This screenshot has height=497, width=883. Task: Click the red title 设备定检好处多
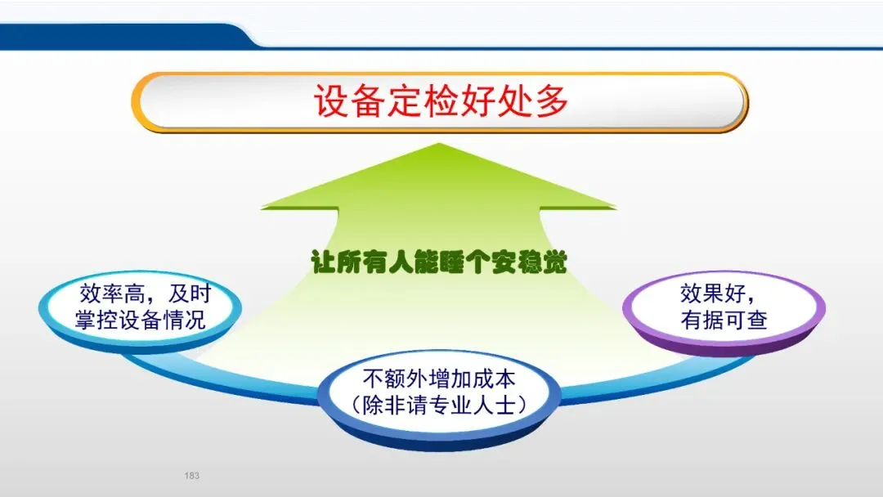pyautogui.click(x=441, y=101)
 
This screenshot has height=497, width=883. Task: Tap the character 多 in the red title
pyautogui.click(x=552, y=101)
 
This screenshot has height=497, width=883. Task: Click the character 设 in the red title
pyautogui.click(x=330, y=101)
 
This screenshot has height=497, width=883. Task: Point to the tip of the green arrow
pyautogui.click(x=439, y=144)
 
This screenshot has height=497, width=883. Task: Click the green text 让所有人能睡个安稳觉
pyautogui.click(x=439, y=262)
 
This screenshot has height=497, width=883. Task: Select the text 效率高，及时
pyautogui.click(x=145, y=293)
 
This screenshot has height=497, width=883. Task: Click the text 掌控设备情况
pyautogui.click(x=141, y=320)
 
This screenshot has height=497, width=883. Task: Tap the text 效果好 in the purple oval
pyautogui.click(x=713, y=293)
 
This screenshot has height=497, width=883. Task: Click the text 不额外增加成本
pyautogui.click(x=439, y=378)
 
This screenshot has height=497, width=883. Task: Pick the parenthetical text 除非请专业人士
pyautogui.click(x=439, y=405)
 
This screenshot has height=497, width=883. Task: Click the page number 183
pyautogui.click(x=191, y=476)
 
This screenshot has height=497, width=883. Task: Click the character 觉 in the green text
pyautogui.click(x=554, y=262)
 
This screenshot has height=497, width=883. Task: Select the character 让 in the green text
pyautogui.click(x=324, y=262)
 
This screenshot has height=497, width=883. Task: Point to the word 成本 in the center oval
pyautogui.click(x=494, y=378)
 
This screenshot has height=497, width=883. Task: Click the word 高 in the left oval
pyautogui.click(x=134, y=293)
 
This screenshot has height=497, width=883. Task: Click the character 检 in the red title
pyautogui.click(x=441, y=101)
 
